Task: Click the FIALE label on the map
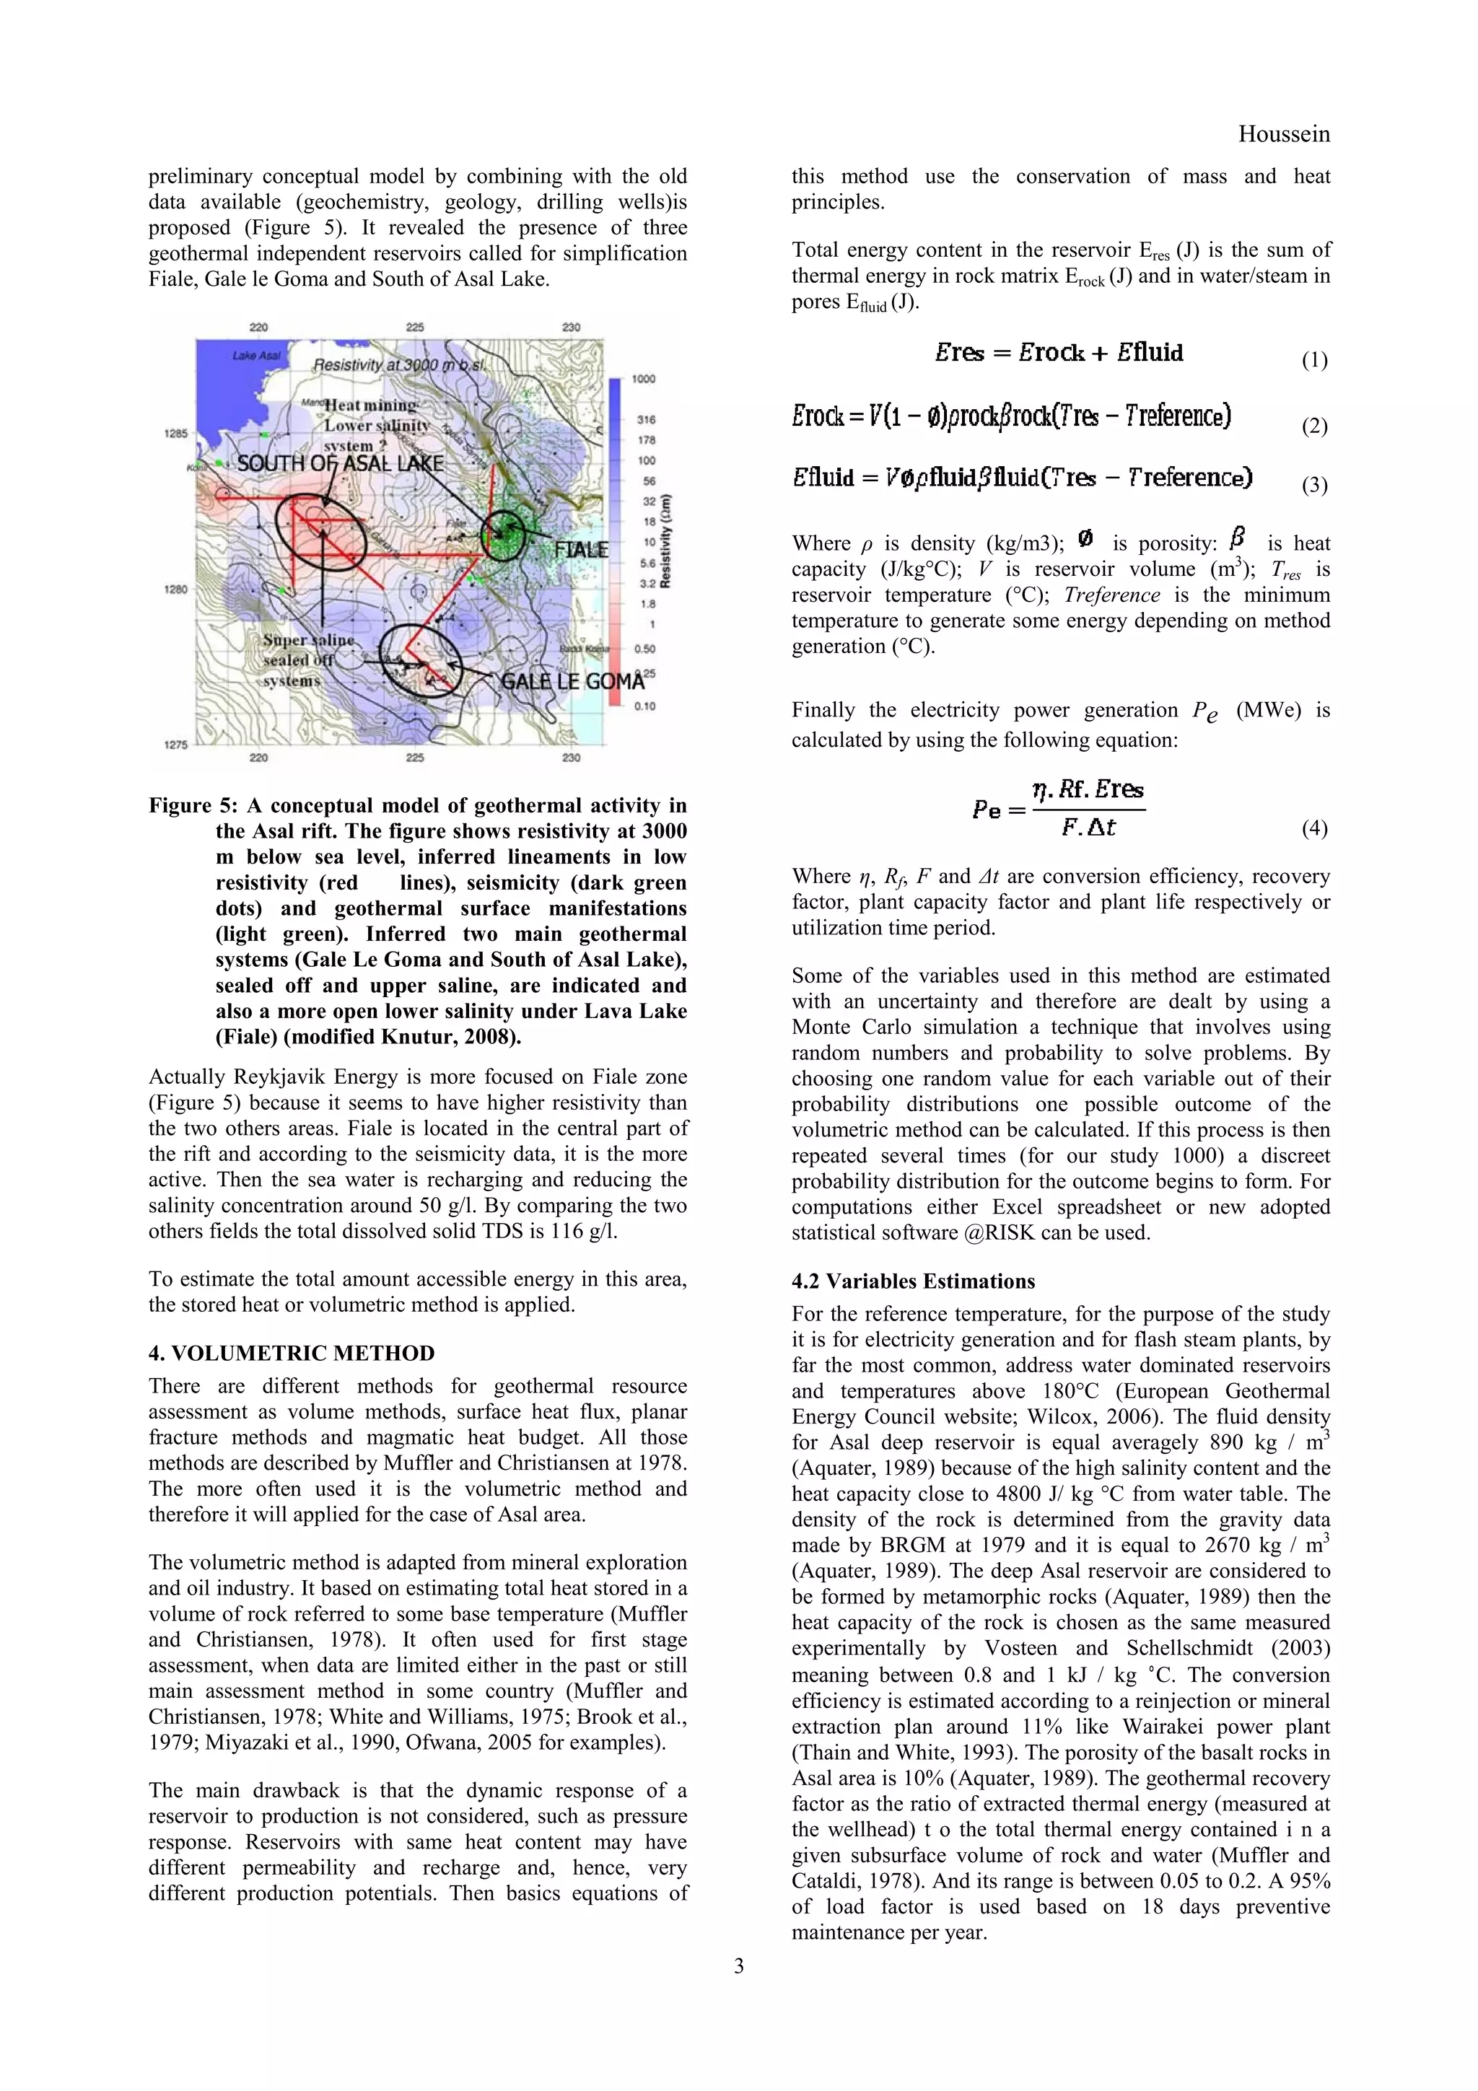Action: (581, 549)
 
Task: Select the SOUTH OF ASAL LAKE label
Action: (340, 463)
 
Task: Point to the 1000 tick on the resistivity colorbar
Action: (644, 379)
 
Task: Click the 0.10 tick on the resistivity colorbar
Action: (644, 706)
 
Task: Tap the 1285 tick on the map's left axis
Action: (176, 434)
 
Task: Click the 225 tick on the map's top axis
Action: (414, 327)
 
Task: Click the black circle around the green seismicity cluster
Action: (504, 535)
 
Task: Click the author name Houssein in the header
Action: (1283, 135)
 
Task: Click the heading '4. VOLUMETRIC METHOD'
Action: (292, 1354)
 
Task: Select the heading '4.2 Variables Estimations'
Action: (912, 1281)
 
